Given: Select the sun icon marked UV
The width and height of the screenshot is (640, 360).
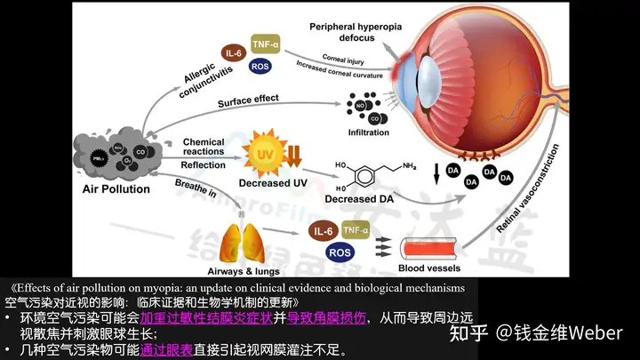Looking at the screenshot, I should tap(265, 150).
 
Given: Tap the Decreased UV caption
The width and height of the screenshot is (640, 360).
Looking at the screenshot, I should tap(264, 185).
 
